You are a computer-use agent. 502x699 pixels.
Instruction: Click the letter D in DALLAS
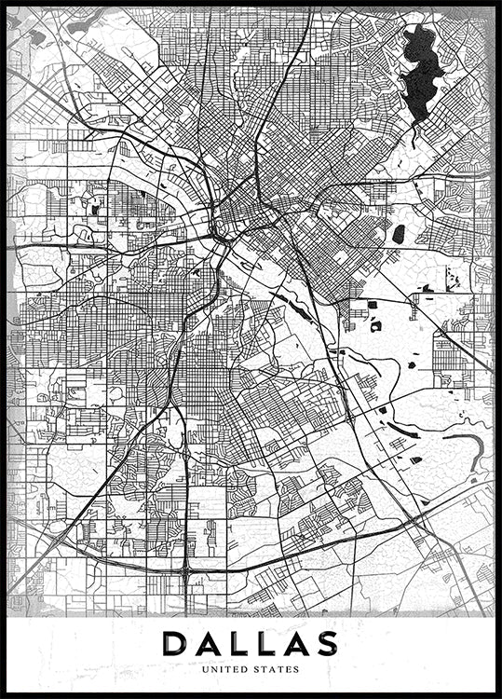point(174,644)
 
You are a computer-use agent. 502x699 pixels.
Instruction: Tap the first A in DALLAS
point(207,644)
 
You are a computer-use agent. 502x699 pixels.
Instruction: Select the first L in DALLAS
point(237,644)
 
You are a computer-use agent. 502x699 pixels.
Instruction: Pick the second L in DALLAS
point(264,644)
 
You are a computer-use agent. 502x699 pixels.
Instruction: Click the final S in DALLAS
point(325,644)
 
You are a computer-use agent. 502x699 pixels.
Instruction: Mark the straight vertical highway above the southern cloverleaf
point(186,494)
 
